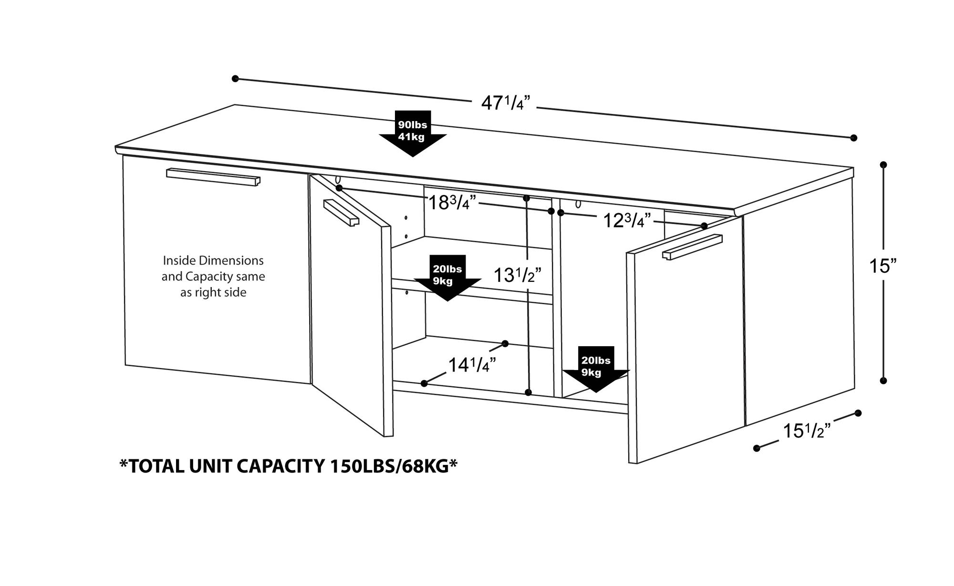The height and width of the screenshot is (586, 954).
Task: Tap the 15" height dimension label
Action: click(882, 266)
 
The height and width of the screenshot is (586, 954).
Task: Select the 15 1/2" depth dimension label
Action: click(807, 431)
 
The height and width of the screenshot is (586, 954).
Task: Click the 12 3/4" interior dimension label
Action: click(627, 221)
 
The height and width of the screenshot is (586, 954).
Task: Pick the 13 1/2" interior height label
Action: click(517, 275)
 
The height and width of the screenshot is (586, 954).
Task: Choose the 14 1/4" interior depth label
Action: click(472, 365)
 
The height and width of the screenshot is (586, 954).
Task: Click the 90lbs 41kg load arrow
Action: click(413, 133)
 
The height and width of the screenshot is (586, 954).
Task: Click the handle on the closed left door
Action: click(213, 176)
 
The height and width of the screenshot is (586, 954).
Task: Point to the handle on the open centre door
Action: click(341, 212)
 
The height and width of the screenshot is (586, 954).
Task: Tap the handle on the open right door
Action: click(692, 247)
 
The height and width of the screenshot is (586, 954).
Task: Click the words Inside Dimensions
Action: click(213, 261)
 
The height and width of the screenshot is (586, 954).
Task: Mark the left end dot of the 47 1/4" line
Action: click(235, 79)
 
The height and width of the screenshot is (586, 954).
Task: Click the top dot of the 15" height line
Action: click(883, 164)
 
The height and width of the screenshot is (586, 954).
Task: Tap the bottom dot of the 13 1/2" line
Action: click(528, 392)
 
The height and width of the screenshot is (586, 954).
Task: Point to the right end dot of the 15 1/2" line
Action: click(858, 413)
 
